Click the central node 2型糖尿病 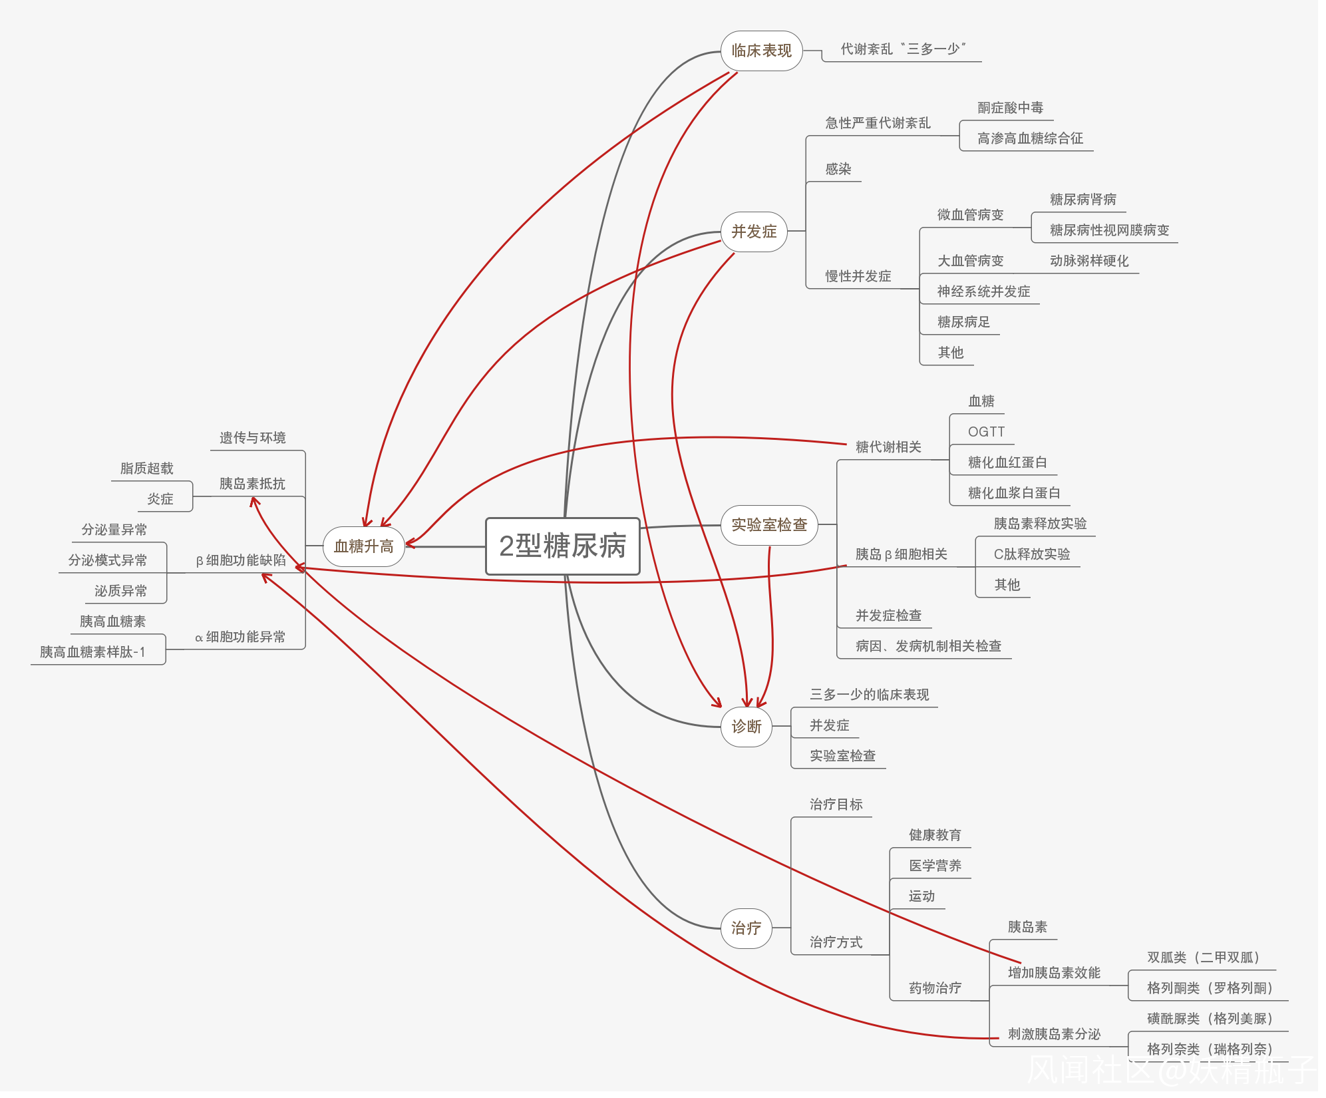tap(562, 546)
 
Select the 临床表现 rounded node tap(761, 51)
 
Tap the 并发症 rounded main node tap(754, 232)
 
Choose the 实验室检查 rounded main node tap(769, 525)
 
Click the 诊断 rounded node tap(746, 727)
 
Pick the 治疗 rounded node tap(746, 928)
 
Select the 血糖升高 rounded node tap(363, 546)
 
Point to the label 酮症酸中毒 tap(1010, 108)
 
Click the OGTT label tap(986, 432)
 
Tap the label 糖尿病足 tap(963, 322)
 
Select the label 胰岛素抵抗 tap(252, 484)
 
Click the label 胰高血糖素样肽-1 tap(92, 652)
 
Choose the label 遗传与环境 tap(252, 438)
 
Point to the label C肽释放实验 tap(1031, 554)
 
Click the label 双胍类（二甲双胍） tap(1203, 958)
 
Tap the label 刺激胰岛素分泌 tap(1054, 1034)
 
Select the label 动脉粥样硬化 tap(1089, 261)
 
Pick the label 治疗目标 tap(836, 805)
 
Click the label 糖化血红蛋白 tap(1007, 462)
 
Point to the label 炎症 tap(160, 499)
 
